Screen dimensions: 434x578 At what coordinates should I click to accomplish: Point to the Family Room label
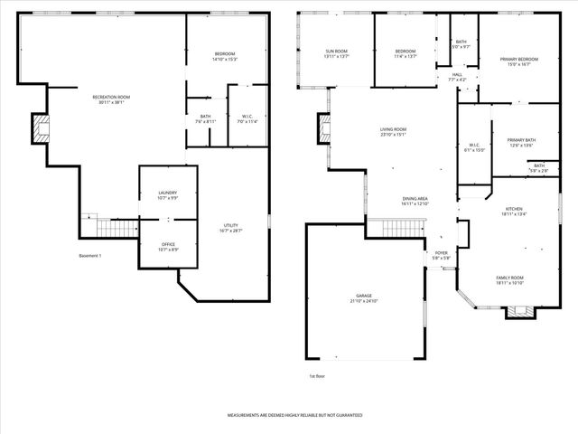pyautogui.click(x=509, y=279)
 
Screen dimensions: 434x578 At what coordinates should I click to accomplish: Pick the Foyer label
pyautogui.click(x=442, y=255)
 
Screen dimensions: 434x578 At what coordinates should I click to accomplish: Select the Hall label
pyautogui.click(x=457, y=77)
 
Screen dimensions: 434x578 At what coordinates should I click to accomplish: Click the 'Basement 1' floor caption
pyautogui.click(x=89, y=256)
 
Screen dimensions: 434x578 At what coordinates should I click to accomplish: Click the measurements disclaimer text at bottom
pyautogui.click(x=294, y=414)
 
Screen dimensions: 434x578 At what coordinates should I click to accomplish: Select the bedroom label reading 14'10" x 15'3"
pyautogui.click(x=224, y=56)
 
